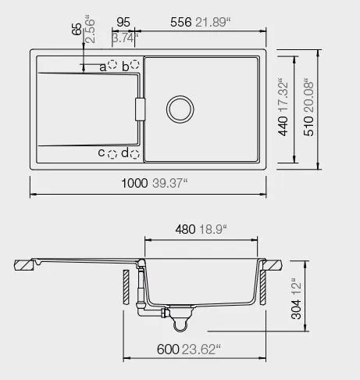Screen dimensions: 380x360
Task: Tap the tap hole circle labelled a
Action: click(112, 66)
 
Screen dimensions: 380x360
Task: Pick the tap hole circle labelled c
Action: click(112, 153)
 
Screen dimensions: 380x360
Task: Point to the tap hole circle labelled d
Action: click(135, 153)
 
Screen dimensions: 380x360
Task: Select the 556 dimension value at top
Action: click(184, 23)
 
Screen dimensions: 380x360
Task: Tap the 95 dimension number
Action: click(123, 23)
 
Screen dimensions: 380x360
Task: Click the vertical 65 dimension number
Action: click(77, 30)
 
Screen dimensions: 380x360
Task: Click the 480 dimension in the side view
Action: click(184, 229)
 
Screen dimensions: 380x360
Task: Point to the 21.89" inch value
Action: click(214, 23)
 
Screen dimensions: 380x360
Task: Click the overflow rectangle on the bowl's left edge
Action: click(141, 109)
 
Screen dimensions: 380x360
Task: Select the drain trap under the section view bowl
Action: click(181, 318)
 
